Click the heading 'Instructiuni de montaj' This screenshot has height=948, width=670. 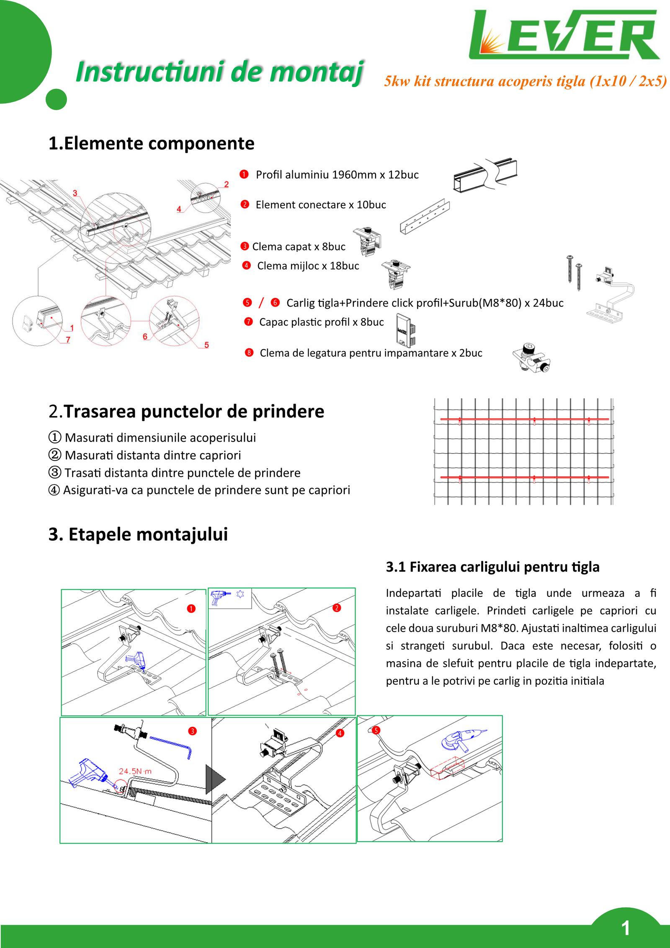tap(219, 72)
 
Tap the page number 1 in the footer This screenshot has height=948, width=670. tap(626, 928)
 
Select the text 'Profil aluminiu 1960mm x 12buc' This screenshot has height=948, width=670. tap(337, 175)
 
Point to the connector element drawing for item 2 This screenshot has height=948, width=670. tap(425, 217)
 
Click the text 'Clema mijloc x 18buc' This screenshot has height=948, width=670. tap(308, 266)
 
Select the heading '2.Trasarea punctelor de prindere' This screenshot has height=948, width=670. tap(186, 412)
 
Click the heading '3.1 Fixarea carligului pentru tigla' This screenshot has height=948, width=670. tap(492, 567)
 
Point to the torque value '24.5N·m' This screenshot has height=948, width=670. tap(135, 771)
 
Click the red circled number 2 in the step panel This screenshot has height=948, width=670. tap(337, 608)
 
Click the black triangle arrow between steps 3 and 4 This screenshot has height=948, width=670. tap(215, 780)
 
